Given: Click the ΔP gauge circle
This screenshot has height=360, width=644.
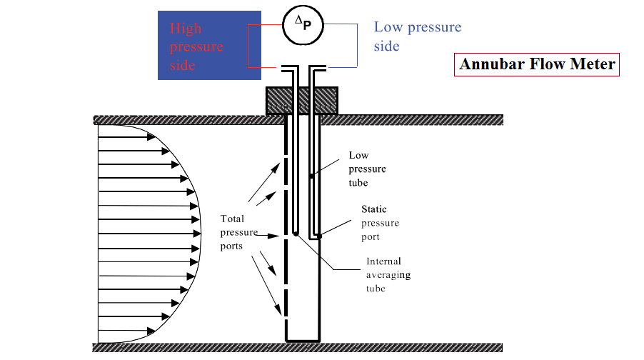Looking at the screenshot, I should [300, 24].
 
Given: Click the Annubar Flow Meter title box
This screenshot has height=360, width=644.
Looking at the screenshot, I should [537, 64].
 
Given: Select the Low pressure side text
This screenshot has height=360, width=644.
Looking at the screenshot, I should [418, 36].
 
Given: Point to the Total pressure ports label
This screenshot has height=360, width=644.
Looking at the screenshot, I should [233, 232].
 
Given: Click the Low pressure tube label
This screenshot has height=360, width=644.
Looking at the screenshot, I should [367, 169].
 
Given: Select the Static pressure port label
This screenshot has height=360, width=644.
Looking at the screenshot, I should [379, 223].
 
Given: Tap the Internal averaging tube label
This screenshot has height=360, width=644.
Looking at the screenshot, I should [388, 275].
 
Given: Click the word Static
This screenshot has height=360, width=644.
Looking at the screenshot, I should [373, 209].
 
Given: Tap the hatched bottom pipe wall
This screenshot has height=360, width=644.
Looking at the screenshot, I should [178, 348].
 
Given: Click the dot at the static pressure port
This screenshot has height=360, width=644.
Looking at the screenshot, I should [320, 236].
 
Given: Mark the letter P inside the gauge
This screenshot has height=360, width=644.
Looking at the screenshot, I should [306, 26].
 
